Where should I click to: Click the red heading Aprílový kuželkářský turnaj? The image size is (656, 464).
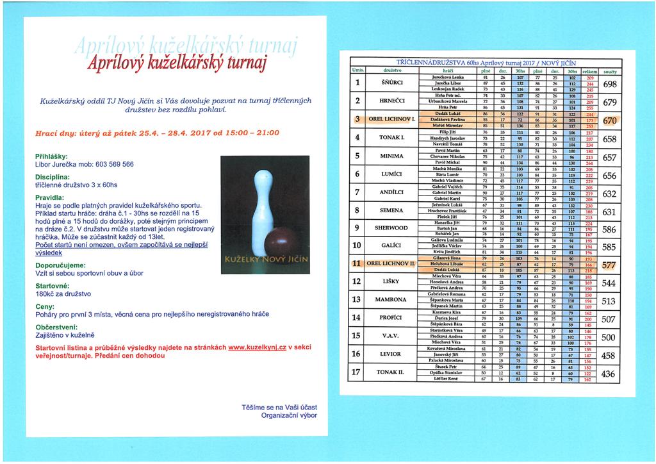[x=176, y=65]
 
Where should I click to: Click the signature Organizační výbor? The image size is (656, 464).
[x=289, y=415]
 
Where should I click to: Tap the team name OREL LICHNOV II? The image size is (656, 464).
[x=391, y=263]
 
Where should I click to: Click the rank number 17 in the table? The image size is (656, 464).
[x=356, y=372]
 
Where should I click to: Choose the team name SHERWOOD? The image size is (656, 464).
[x=391, y=228]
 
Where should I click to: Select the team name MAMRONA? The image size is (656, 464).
[x=391, y=299]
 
